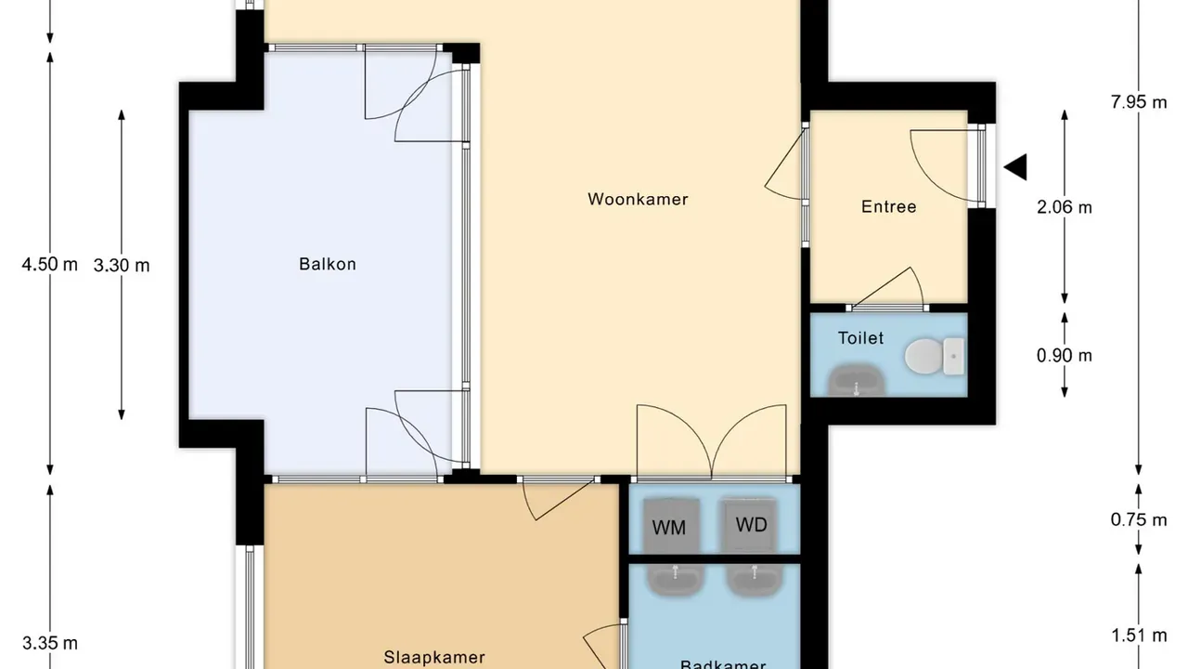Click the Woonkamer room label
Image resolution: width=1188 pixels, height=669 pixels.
point(638,199)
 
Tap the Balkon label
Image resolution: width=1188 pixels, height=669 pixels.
point(327,264)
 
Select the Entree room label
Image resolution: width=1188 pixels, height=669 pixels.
point(888,206)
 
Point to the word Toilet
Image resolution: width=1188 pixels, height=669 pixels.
point(860,338)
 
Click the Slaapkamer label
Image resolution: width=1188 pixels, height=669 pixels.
point(434,657)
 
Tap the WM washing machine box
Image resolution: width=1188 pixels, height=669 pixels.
point(668,526)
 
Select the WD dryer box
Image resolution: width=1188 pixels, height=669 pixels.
point(751,524)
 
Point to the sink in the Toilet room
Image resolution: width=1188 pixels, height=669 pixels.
point(855,379)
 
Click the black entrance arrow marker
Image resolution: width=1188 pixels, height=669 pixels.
point(1016,167)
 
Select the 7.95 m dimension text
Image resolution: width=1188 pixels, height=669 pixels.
point(1139,102)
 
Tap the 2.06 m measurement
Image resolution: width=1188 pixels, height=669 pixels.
point(1064,207)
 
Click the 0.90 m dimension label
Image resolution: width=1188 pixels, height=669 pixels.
point(1064,355)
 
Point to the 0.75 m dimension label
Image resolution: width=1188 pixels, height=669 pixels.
point(1139,519)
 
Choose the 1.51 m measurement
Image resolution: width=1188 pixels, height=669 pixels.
point(1139,636)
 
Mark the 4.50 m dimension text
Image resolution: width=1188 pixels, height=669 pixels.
point(50,265)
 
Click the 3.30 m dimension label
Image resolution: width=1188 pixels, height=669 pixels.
point(122,265)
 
